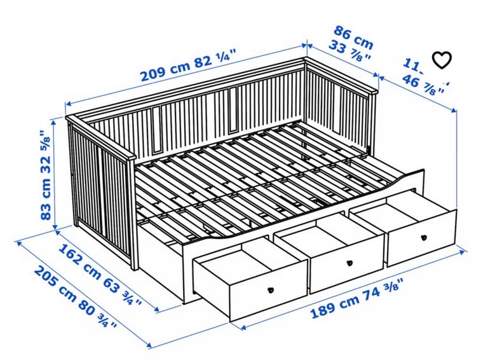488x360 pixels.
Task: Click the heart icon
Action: coord(442,60)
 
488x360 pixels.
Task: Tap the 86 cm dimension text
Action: coord(354,37)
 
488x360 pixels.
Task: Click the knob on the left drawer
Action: coord(269,289)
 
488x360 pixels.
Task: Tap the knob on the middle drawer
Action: coord(349,263)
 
